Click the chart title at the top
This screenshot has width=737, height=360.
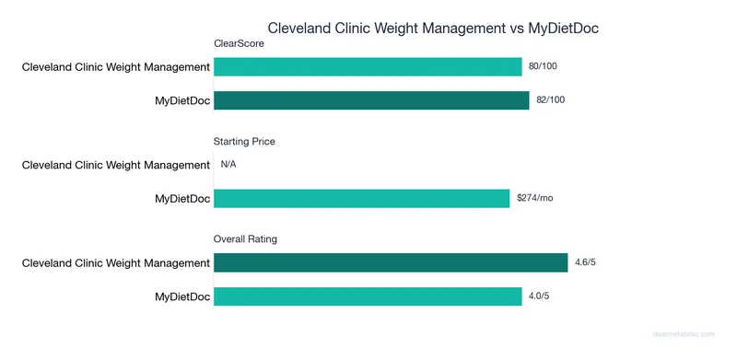pyautogui.click(x=432, y=29)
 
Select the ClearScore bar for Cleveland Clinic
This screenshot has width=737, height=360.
pyautogui.click(x=368, y=67)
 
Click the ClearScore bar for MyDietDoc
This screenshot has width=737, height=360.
pyautogui.click(x=371, y=99)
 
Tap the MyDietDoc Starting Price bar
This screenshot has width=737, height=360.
pyautogui.click(x=361, y=198)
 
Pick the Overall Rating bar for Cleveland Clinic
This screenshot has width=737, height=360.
pyautogui.click(x=391, y=263)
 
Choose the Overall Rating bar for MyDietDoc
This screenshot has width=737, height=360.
pyautogui.click(x=368, y=296)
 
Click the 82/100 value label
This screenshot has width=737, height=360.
pyautogui.click(x=552, y=99)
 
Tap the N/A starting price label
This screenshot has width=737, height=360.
pyautogui.click(x=229, y=165)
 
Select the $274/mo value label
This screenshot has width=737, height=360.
pyautogui.click(x=534, y=198)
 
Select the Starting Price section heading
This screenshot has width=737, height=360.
pyautogui.click(x=244, y=142)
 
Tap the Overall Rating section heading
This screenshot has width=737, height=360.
pyautogui.click(x=246, y=239)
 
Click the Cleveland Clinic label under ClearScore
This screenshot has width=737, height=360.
pyautogui.click(x=116, y=67)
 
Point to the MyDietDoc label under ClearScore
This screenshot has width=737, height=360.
pyautogui.click(x=181, y=99)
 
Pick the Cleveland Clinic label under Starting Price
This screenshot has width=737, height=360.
pyautogui.click(x=116, y=165)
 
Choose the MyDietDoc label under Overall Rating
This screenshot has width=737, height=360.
pyautogui.click(x=181, y=296)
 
